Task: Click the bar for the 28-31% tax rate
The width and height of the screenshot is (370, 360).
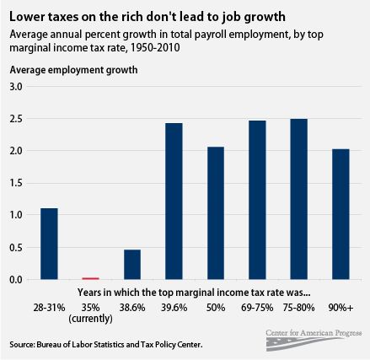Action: click(x=49, y=244)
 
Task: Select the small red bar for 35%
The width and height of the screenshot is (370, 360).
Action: click(x=90, y=277)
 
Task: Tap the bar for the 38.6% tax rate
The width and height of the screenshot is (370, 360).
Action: click(x=132, y=264)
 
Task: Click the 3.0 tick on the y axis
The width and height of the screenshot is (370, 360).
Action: click(x=15, y=87)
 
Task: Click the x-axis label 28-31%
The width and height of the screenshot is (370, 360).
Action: click(x=49, y=306)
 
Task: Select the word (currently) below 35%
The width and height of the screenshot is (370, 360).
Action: click(x=90, y=318)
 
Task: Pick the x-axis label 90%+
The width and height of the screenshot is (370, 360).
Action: click(x=341, y=306)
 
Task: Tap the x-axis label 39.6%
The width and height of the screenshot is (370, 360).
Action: click(x=174, y=306)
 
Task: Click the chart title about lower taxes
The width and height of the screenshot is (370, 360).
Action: click(x=145, y=15)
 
